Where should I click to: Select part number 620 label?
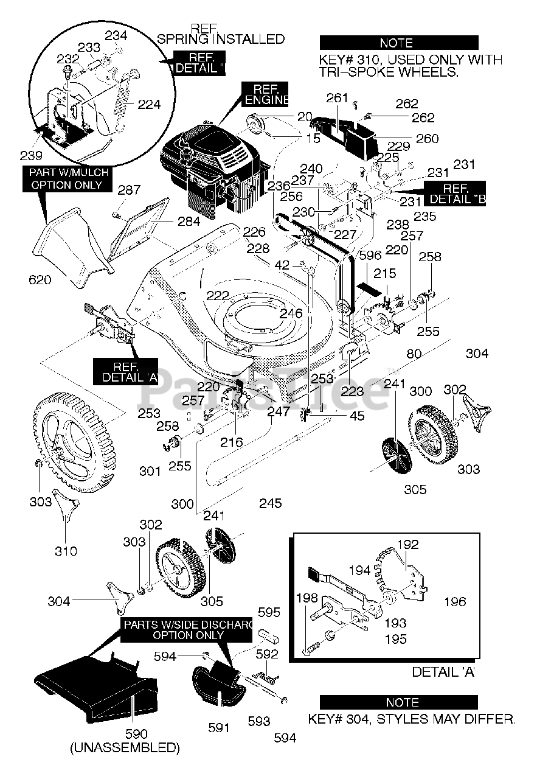click(40, 280)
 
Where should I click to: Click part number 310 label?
click(66, 551)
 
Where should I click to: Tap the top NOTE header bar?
click(398, 43)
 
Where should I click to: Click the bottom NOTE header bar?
click(398, 702)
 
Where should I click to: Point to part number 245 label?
click(270, 503)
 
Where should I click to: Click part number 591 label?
click(218, 727)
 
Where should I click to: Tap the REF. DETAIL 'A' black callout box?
click(126, 372)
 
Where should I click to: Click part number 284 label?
click(189, 222)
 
